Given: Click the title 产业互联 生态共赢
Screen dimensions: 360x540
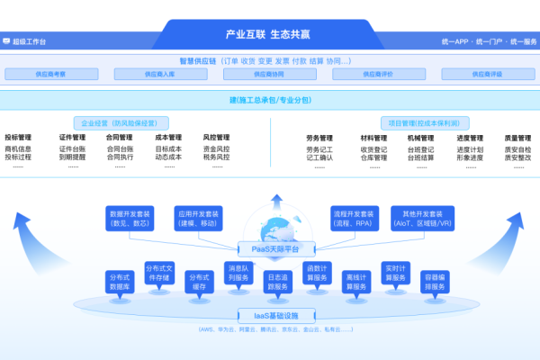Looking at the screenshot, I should (x=269, y=34).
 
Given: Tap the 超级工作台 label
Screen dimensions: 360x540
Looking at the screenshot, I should (x=29, y=41).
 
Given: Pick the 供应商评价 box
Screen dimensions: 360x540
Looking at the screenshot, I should (x=376, y=75).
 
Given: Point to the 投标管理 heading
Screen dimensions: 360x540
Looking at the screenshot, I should (x=18, y=138).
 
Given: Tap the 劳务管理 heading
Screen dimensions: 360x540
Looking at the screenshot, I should (x=319, y=138).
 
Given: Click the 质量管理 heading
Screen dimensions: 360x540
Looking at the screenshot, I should (x=517, y=138).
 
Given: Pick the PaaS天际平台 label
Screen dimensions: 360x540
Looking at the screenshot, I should (x=269, y=248).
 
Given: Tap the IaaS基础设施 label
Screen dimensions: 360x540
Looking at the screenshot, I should (x=269, y=315).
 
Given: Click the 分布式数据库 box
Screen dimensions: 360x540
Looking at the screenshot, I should (x=118, y=282).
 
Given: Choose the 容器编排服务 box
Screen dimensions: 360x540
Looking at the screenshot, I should (x=436, y=282).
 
